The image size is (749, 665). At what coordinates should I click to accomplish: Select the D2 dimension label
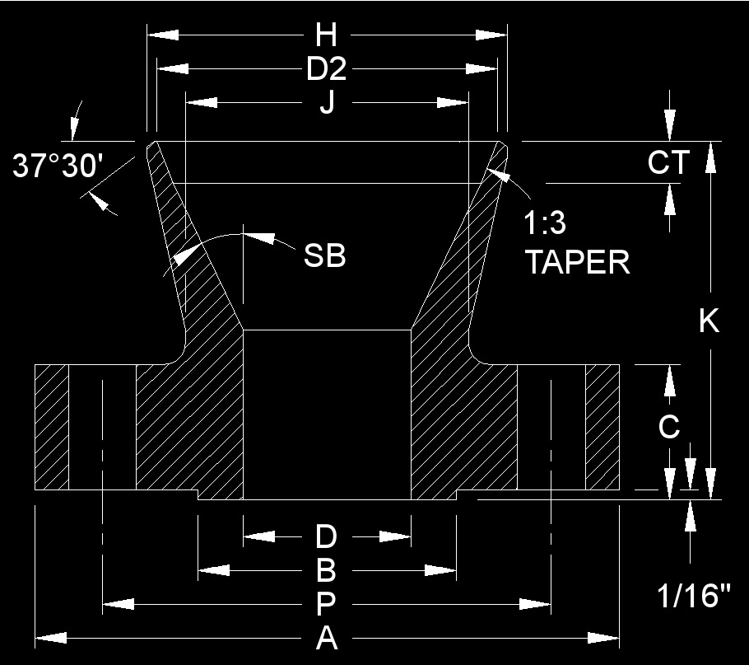[x=326, y=70]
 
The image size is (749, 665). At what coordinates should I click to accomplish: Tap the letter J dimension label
[x=327, y=105]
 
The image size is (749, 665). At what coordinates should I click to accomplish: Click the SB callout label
[x=324, y=255]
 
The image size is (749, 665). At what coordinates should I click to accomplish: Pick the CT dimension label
[x=668, y=162]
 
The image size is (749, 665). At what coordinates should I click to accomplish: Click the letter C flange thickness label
[x=670, y=427]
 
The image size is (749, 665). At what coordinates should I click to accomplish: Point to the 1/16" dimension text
[x=694, y=596]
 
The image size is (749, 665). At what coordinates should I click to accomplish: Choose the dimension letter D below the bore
[x=326, y=537]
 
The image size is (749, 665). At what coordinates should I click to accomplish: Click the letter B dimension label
[x=326, y=570]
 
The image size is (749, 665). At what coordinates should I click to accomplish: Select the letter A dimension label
[x=326, y=638]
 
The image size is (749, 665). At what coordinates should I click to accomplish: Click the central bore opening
[x=327, y=412]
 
